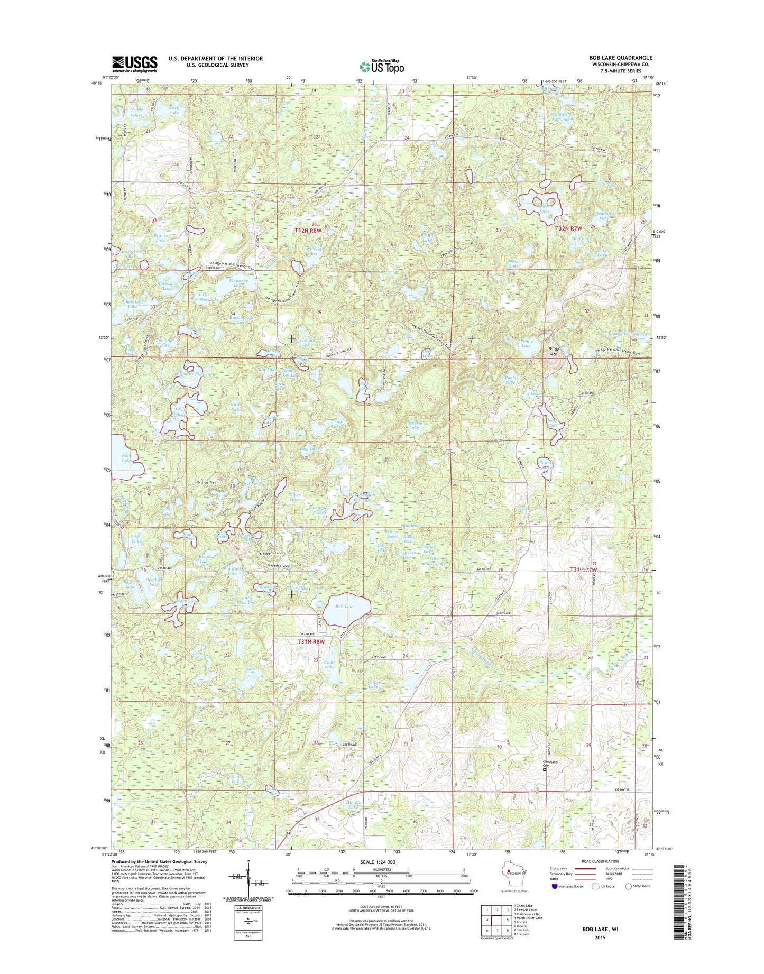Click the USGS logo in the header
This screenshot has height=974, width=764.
(134, 64)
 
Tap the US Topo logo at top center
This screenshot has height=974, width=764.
(382, 66)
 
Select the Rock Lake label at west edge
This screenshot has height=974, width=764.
(126, 457)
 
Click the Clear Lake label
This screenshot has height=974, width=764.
(329, 665)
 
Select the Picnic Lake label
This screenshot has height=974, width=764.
(526, 344)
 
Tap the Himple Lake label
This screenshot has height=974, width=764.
(353, 805)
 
